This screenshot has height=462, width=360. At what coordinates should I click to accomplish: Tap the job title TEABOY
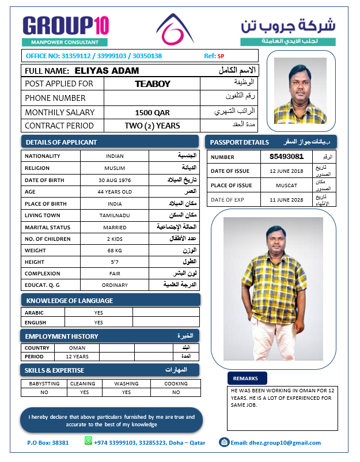tap(153, 84)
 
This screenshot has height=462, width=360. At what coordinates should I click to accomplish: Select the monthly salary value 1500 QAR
tap(153, 113)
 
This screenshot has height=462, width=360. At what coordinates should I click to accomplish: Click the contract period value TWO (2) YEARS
tap(153, 126)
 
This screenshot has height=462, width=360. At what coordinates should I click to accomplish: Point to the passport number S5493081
tap(286, 157)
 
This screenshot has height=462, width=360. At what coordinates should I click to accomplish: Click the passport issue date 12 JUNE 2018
tap(286, 171)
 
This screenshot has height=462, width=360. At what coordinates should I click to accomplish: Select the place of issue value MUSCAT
tap(286, 185)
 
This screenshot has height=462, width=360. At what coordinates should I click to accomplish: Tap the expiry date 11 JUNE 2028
tap(286, 199)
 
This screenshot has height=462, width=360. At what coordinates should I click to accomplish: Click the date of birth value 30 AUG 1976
tap(115, 180)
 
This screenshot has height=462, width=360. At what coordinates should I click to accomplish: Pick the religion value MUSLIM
tap(115, 168)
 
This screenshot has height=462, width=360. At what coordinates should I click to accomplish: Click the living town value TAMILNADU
tap(115, 215)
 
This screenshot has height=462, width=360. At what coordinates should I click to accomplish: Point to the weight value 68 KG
tap(115, 251)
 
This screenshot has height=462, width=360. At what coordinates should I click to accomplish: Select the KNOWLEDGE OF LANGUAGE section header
tap(70, 301)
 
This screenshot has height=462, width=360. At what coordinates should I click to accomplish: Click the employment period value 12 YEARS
tap(77, 357)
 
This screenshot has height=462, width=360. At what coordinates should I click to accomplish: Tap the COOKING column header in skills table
tap(176, 384)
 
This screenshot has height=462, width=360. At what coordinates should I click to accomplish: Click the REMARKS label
tap(247, 378)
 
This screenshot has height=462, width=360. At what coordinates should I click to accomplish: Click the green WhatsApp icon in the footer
tap(89, 441)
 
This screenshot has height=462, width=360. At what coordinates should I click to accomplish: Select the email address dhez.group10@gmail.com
tap(275, 443)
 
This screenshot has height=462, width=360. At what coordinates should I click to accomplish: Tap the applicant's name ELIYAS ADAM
tap(107, 71)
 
